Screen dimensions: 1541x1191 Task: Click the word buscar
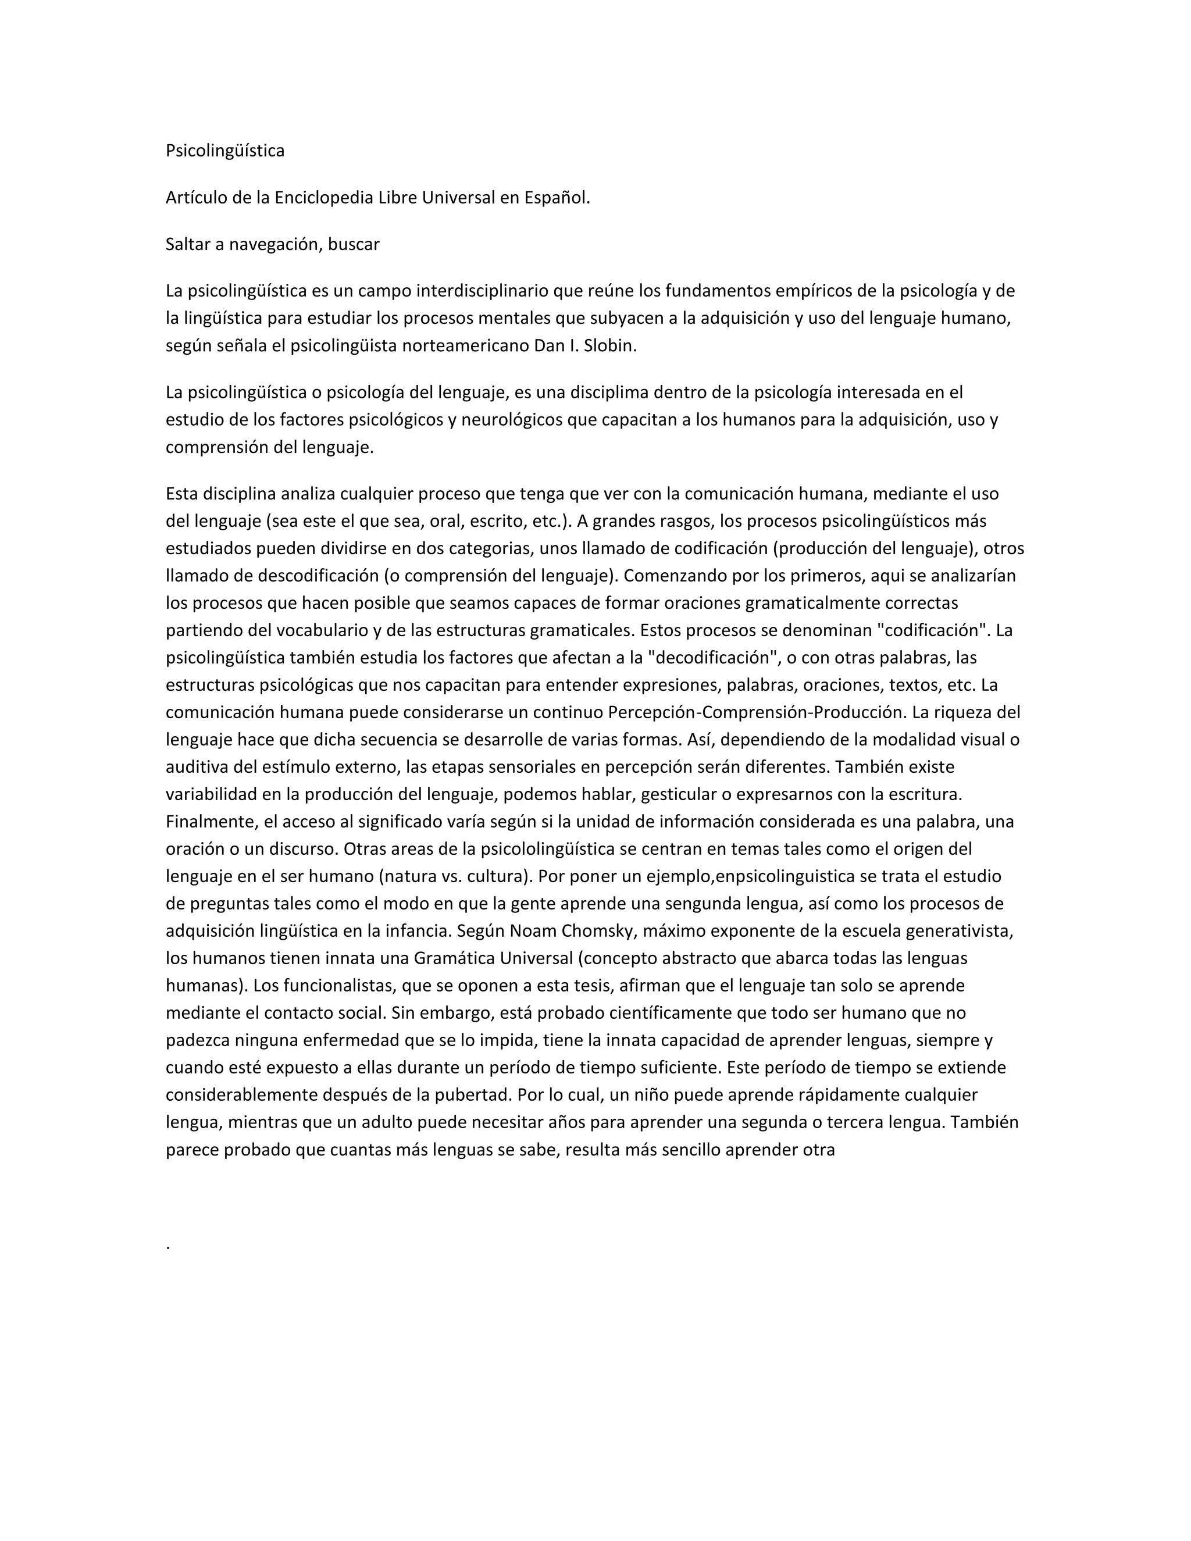click(354, 245)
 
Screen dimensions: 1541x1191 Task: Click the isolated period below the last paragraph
click(168, 1247)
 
